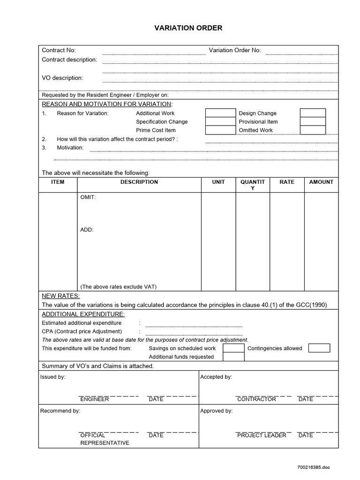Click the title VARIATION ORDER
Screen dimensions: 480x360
(188, 28)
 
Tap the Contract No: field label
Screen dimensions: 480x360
(59, 51)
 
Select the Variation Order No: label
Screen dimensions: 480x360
(235, 51)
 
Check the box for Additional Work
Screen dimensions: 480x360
(220, 113)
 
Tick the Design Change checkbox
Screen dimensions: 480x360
(313, 113)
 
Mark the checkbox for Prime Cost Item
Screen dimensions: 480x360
(220, 130)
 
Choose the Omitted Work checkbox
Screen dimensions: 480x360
(313, 130)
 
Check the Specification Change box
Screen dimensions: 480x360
(220, 122)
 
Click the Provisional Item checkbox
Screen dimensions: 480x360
(313, 122)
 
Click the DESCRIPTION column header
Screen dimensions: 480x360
(139, 182)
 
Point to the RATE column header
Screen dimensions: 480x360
(287, 182)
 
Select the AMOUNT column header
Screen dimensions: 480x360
(321, 182)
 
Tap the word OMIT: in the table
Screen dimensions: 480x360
(88, 197)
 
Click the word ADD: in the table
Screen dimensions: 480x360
(87, 230)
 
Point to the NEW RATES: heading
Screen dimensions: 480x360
(61, 296)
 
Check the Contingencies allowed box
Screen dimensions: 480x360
(319, 348)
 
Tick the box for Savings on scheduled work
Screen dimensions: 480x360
(233, 348)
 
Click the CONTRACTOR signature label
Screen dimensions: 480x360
(256, 399)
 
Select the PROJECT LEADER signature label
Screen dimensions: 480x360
(262, 435)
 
